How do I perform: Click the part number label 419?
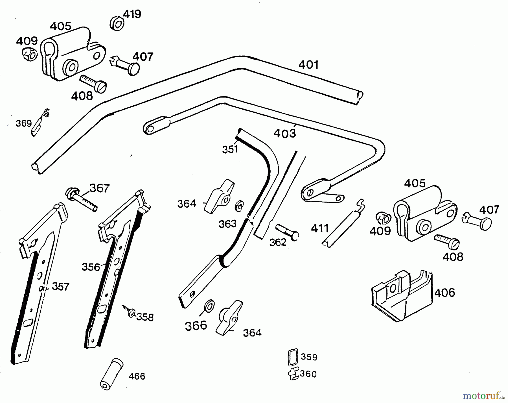click(x=132, y=14)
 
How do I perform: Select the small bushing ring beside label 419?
click(x=117, y=24)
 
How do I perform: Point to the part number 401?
click(x=308, y=65)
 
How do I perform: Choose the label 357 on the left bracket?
click(x=60, y=287)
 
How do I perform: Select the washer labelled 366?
click(x=209, y=306)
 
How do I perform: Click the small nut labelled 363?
click(x=239, y=206)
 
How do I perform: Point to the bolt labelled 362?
click(x=287, y=232)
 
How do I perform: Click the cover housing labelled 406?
click(x=402, y=295)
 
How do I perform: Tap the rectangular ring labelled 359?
click(x=293, y=357)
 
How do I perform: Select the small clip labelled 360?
click(x=294, y=374)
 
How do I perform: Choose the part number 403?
click(x=285, y=134)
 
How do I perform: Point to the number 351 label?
click(x=230, y=149)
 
